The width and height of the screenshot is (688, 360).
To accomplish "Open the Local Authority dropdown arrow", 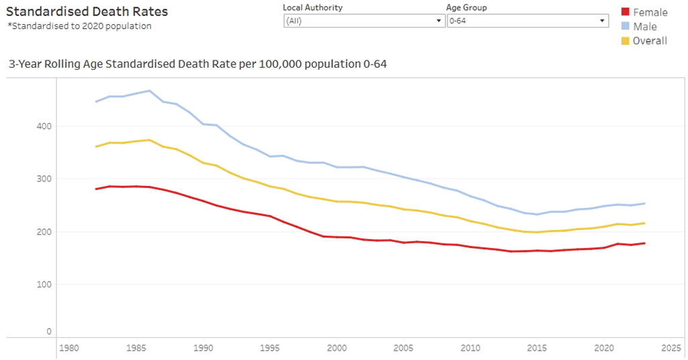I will [438, 21].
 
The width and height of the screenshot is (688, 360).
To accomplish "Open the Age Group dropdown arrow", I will [603, 21].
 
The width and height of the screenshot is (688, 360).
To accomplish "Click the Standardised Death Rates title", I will [87, 11].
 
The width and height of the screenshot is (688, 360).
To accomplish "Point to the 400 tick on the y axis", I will [44, 126].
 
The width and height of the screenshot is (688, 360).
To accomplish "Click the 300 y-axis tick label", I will [44, 179].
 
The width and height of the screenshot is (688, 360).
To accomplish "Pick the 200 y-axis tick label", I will [44, 231].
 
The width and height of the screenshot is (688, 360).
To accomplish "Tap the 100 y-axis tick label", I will [44, 284].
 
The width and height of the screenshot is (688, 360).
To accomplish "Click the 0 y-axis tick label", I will [48, 331].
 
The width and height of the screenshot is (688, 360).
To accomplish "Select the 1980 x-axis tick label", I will [69, 348].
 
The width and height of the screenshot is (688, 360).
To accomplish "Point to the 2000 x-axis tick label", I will [337, 348].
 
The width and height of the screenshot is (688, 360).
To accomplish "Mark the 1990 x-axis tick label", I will [203, 348].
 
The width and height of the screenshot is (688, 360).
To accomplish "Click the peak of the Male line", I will [149, 91].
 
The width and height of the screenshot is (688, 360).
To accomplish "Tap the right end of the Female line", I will [645, 243].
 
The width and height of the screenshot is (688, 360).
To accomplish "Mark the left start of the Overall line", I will [96, 146].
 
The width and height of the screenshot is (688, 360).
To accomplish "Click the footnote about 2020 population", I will [79, 26].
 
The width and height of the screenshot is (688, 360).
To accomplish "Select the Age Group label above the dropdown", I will [466, 7].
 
